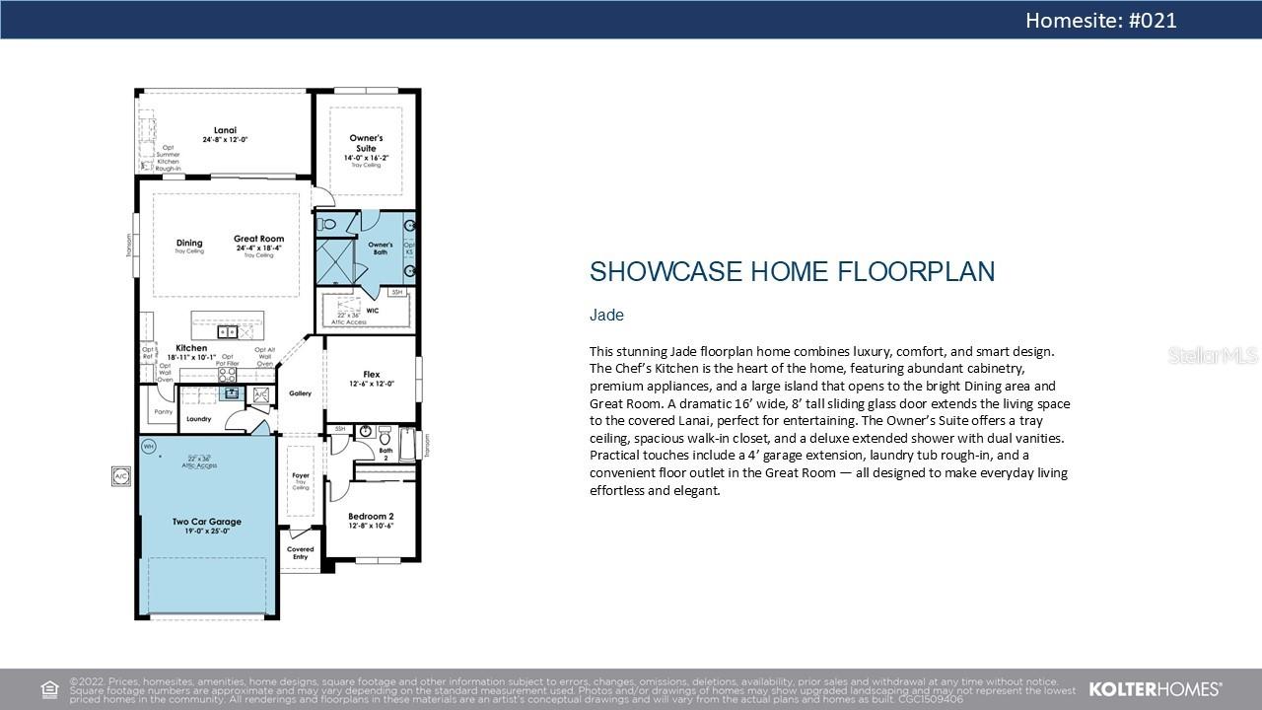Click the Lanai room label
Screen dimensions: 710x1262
[225, 130]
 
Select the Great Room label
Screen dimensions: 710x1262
[258, 239]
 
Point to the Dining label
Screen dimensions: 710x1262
[189, 243]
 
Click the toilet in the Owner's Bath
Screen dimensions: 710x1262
[329, 225]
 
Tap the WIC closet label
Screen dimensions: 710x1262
[372, 311]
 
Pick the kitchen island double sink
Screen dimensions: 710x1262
[228, 332]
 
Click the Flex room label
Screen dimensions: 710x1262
[371, 375]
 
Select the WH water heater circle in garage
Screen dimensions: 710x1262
[149, 447]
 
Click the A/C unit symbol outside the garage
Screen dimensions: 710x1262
[120, 475]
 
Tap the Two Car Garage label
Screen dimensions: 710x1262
[206, 522]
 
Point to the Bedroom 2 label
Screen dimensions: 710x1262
[371, 517]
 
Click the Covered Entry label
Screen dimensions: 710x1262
[300, 553]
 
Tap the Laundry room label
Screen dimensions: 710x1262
[198, 419]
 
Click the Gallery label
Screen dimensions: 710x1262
[300, 393]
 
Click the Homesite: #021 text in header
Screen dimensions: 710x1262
[1100, 20]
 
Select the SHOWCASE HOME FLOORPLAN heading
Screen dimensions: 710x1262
[792, 272]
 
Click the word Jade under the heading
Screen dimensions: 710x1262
[606, 316]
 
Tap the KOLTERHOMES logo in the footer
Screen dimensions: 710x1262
[1155, 688]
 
